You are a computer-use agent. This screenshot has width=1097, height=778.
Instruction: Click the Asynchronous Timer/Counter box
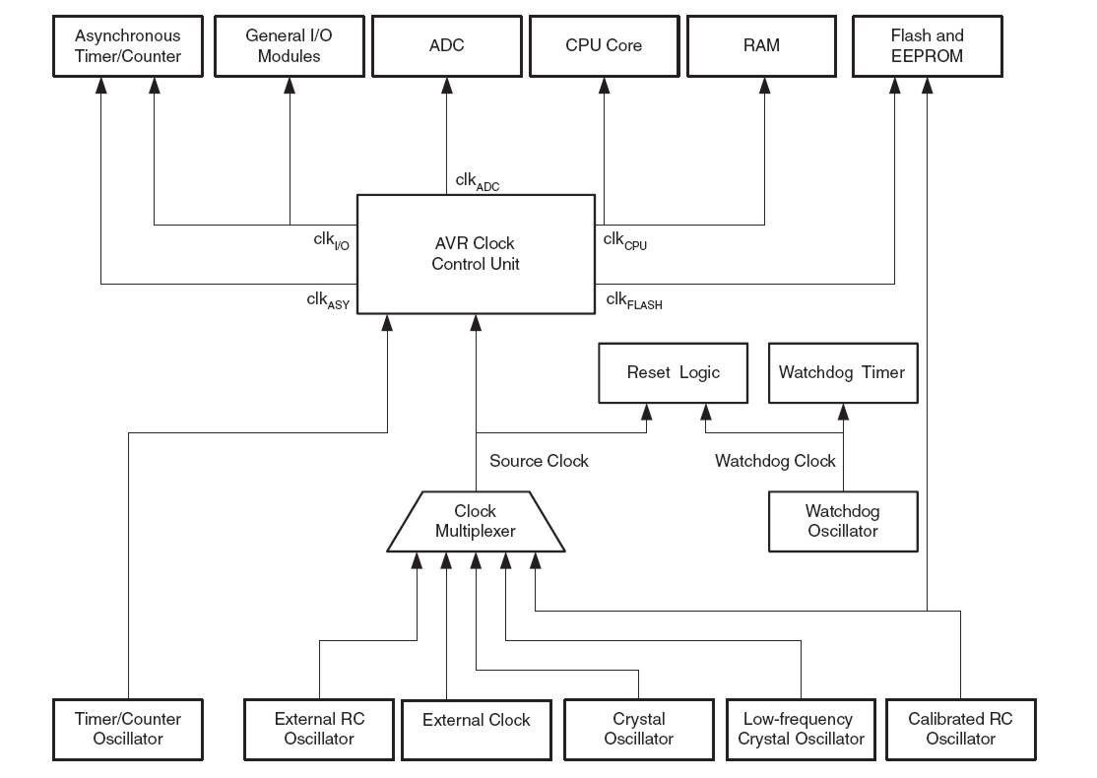pos(128,46)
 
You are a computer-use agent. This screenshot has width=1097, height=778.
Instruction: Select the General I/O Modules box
pos(290,46)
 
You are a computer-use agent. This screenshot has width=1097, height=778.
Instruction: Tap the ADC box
pos(446,46)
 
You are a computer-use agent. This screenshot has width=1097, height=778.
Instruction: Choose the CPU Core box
pos(604,46)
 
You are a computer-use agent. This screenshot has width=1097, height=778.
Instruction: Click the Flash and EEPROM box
pos(927,46)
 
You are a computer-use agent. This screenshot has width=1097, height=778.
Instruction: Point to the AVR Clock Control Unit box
pos(476,254)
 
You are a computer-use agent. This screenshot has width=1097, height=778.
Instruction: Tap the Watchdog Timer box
pos(842,373)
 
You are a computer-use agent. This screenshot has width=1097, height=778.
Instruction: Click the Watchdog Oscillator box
pos(842,521)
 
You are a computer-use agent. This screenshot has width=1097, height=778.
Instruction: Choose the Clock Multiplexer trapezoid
pos(476,521)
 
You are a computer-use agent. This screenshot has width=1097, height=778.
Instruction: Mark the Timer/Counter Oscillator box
pos(128,729)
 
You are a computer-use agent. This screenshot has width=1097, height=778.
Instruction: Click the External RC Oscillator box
pos(319,729)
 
